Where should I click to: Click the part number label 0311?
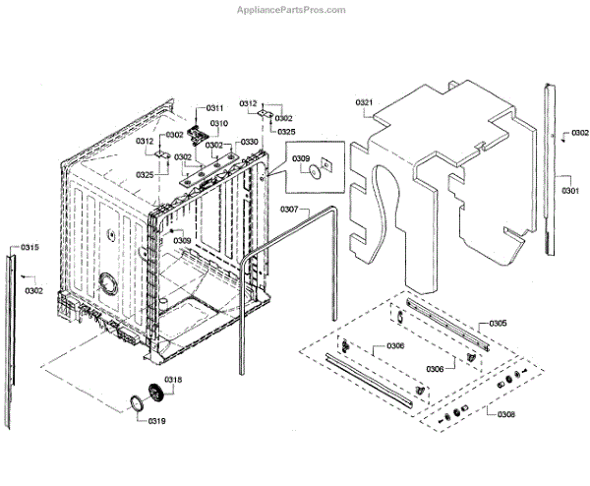tap(214, 107)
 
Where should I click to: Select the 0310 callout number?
tap(218, 123)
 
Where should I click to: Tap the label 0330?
tap(249, 142)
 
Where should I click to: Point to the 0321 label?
tap(364, 102)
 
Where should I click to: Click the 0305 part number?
tap(498, 324)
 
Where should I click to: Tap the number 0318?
tap(173, 380)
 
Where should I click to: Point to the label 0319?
tap(157, 421)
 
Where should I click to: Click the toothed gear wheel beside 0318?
tap(153, 393)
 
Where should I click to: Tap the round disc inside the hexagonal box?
tap(313, 174)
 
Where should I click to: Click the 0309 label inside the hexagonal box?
tap(301, 158)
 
